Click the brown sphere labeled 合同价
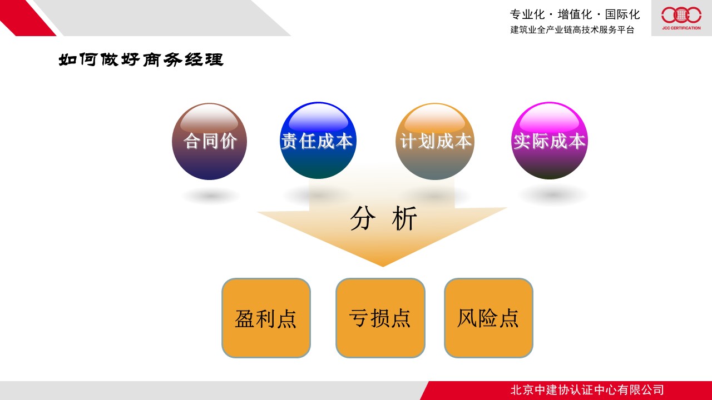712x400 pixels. [210, 141]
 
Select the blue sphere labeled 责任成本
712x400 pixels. [318, 141]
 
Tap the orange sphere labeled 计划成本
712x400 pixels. [435, 141]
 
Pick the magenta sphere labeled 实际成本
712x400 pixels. [550, 141]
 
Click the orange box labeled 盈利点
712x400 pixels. [266, 318]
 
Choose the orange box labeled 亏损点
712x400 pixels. [380, 318]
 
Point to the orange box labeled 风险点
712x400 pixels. [488, 318]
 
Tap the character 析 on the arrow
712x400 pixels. [404, 218]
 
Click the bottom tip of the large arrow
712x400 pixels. [383, 267]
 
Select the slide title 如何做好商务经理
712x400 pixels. [141, 59]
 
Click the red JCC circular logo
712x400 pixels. [681, 15]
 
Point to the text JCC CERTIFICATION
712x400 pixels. [681, 28]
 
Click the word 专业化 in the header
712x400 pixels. [527, 14]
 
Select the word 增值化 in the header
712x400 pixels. [575, 14]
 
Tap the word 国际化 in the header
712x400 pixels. [622, 14]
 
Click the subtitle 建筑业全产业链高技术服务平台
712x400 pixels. [572, 29]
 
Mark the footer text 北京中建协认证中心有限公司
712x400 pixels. [587, 390]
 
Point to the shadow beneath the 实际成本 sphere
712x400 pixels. [552, 194]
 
